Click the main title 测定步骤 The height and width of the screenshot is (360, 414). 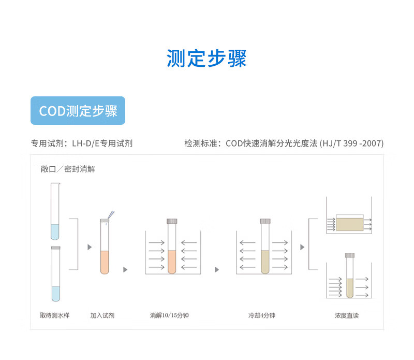(x=206, y=58)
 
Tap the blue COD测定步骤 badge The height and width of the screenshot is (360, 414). (x=78, y=110)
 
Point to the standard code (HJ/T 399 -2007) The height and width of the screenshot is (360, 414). (x=351, y=143)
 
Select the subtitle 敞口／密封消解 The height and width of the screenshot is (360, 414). (x=68, y=169)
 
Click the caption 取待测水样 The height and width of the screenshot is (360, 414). (x=55, y=315)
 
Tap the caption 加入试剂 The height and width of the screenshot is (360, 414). (x=102, y=315)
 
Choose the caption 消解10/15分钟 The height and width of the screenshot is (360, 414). (x=169, y=315)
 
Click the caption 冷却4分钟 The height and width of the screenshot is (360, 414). (x=262, y=315)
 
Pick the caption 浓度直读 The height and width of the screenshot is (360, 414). (x=347, y=315)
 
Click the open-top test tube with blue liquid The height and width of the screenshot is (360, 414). (x=55, y=211)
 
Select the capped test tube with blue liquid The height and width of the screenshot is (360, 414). (x=56, y=274)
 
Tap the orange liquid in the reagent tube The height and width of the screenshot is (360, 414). (x=105, y=262)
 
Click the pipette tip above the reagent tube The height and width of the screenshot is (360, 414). (x=111, y=215)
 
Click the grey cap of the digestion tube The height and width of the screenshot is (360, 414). (x=172, y=221)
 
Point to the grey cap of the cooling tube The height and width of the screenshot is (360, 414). (x=265, y=221)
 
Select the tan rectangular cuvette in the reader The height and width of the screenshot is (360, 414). (x=350, y=224)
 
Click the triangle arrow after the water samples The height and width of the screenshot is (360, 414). (x=90, y=247)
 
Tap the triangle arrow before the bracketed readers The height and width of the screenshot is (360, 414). (x=302, y=247)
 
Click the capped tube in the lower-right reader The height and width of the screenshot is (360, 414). (x=350, y=276)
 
